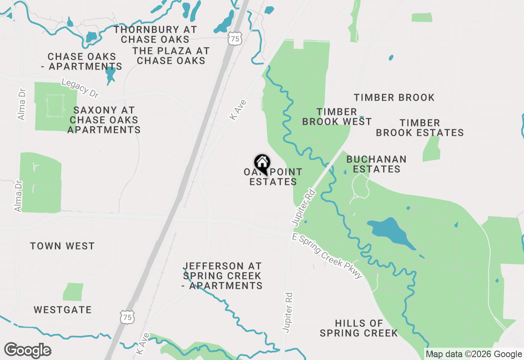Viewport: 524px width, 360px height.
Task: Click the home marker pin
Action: click(262, 163)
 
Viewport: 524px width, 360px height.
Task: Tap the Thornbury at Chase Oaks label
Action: click(155, 35)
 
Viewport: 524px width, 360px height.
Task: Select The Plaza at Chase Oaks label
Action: click(171, 56)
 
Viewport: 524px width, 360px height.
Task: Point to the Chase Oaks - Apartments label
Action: click(84, 61)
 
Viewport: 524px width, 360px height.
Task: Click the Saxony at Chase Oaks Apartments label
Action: click(104, 120)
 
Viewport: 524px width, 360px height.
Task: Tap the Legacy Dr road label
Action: click(80, 88)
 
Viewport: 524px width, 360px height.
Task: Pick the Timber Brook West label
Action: click(337, 117)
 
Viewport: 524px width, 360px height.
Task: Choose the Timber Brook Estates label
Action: click(420, 128)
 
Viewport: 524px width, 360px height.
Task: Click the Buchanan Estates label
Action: click(376, 164)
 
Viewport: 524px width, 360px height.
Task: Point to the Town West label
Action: click(62, 246)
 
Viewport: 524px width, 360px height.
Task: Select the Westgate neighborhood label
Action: click(63, 310)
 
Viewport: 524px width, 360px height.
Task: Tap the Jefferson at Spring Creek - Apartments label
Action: click(222, 276)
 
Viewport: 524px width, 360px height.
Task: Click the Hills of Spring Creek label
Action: click(359, 328)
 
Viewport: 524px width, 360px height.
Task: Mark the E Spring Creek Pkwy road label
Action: click(327, 256)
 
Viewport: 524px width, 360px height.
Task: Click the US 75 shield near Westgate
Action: click(127, 316)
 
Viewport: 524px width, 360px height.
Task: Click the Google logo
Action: click(27, 351)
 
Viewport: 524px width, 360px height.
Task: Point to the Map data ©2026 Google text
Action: click(474, 354)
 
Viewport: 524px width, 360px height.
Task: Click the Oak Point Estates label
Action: click(273, 177)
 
